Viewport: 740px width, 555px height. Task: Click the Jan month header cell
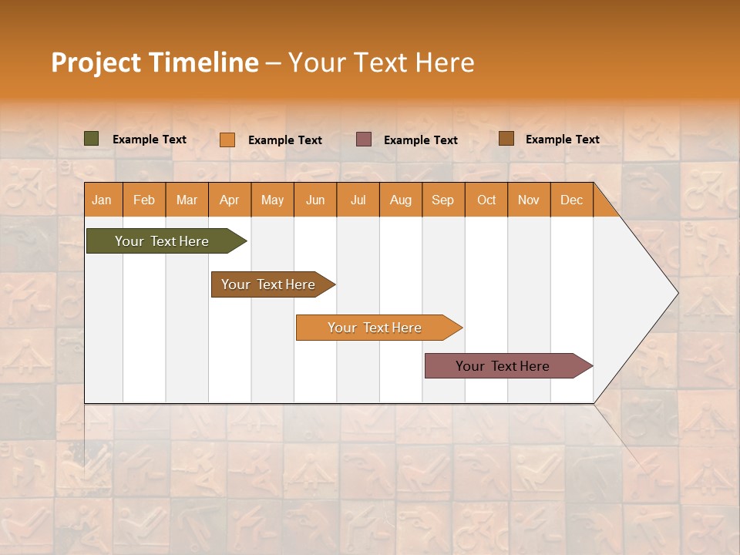point(103,200)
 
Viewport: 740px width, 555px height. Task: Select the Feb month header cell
point(144,200)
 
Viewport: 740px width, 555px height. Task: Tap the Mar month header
point(187,200)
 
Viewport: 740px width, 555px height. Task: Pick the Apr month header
point(230,200)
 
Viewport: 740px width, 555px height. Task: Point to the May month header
point(272,200)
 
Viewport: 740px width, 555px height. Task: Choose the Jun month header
point(315,200)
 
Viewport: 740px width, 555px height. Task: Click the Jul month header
point(358,200)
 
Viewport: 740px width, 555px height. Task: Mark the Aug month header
point(401,200)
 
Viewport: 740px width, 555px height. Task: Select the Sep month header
point(443,200)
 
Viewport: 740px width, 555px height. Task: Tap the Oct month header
point(486,200)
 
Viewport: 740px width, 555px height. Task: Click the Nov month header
point(529,200)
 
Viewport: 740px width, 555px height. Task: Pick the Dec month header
point(572,200)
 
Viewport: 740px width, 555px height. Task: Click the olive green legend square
point(92,139)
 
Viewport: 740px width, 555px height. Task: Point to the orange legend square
point(227,140)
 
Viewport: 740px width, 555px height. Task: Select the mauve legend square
point(364,139)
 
